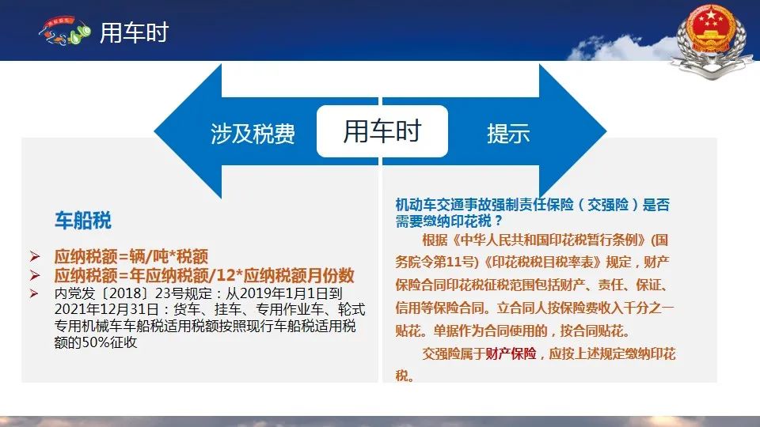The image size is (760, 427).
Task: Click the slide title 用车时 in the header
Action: click(134, 33)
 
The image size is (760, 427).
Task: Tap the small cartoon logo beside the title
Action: click(65, 31)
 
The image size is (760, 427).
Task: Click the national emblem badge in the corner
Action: click(712, 40)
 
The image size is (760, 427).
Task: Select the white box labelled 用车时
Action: click(382, 131)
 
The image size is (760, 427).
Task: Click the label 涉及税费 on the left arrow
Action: click(253, 134)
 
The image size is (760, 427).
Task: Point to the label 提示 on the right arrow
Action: click(508, 133)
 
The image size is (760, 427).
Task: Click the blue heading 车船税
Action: click(83, 221)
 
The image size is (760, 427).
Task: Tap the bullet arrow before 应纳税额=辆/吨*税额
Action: click(34, 256)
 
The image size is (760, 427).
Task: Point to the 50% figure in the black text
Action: click(96, 342)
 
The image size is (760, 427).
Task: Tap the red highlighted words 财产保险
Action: click(511, 354)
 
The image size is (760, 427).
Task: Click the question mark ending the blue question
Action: click(499, 221)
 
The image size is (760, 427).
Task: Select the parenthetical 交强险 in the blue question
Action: click(608, 205)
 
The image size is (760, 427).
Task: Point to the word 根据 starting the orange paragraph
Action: click(435, 240)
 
